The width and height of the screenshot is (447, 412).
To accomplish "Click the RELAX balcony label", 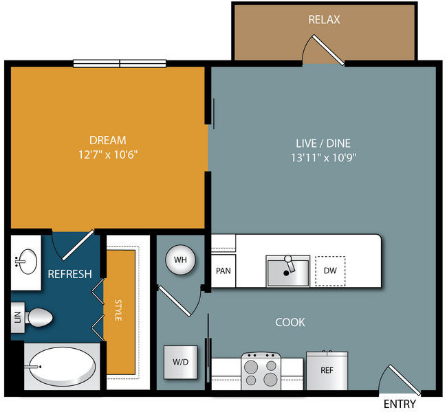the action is [324, 20].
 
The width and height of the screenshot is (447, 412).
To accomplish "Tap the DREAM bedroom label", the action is [108, 140].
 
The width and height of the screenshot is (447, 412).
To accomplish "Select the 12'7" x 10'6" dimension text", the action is [108, 154].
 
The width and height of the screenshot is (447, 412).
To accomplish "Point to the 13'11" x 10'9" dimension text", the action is [324, 157].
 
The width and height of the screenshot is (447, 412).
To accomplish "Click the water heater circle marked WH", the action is [180, 260].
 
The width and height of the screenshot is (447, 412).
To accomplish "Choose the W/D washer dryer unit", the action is [180, 362].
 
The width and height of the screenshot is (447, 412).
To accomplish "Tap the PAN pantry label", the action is [223, 271].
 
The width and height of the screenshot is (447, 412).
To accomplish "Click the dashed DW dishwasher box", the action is [330, 271].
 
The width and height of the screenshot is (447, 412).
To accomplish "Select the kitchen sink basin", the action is [288, 273].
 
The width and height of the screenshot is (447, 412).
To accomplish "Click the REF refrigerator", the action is [327, 371].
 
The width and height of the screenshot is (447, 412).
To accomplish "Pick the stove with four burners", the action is [261, 371].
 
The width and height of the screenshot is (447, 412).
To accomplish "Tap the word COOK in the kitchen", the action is [290, 322].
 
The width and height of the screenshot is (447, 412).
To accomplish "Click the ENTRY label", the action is [400, 404].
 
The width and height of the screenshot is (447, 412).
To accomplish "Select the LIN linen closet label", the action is [18, 317].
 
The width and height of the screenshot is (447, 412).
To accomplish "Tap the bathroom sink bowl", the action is [28, 262].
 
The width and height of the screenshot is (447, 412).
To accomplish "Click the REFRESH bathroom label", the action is [70, 274].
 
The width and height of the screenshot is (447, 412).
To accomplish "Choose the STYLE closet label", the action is [118, 310].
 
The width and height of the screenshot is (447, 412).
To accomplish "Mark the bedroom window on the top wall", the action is [120, 63].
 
